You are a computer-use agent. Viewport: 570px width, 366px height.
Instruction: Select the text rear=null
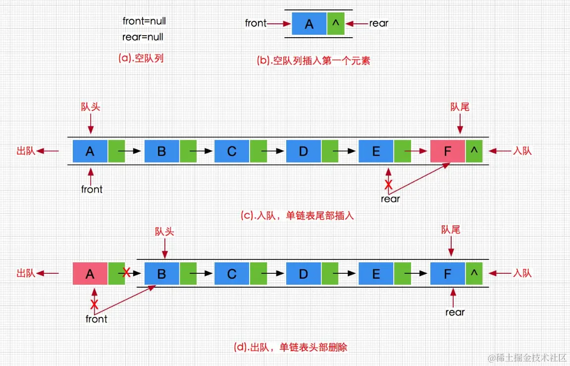[143, 37]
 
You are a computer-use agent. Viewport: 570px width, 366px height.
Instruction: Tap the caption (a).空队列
[141, 58]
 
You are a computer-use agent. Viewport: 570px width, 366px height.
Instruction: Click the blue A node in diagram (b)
[309, 24]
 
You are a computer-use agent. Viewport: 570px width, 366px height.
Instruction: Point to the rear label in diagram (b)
[379, 23]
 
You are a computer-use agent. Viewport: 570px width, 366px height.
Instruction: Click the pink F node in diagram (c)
[448, 151]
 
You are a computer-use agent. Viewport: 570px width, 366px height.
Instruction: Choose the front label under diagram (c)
[92, 189]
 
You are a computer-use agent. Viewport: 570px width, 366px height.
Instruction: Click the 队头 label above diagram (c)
[90, 107]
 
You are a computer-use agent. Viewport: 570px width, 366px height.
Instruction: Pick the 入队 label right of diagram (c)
[522, 151]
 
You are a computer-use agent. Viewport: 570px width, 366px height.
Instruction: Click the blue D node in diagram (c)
[304, 151]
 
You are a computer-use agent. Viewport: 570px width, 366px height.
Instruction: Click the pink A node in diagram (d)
[90, 274]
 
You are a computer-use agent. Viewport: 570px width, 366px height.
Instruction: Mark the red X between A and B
[127, 272]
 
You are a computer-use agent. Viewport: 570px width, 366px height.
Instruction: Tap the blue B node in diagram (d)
[161, 274]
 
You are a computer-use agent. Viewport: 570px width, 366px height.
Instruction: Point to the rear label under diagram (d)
[455, 312]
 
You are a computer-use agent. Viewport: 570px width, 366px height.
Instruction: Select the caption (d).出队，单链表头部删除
[290, 347]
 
